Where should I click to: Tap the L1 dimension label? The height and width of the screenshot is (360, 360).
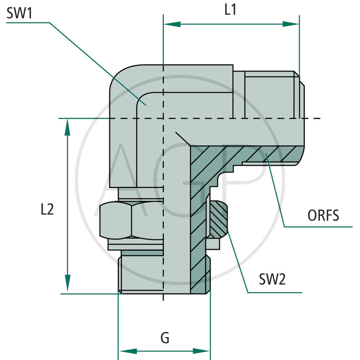tap(230, 10)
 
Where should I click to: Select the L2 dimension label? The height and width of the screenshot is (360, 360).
tap(47, 209)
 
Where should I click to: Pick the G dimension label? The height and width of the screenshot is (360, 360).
tap(165, 338)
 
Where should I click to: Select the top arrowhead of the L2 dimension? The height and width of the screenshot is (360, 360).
tap(67, 127)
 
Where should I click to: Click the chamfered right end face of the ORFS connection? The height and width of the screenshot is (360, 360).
tap(301, 119)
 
